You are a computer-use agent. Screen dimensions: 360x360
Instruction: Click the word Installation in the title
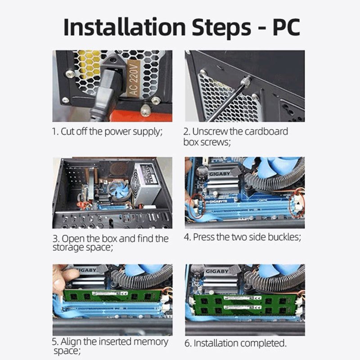click(125, 27)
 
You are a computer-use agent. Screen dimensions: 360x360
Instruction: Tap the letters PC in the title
click(286, 27)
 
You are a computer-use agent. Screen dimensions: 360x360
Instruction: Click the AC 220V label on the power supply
click(134, 79)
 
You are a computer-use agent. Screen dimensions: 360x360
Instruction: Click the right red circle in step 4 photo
click(297, 206)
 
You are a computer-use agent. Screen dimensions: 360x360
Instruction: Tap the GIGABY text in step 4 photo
click(220, 174)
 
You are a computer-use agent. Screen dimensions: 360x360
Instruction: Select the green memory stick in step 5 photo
click(112, 296)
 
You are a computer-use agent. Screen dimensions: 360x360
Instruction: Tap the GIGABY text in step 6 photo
click(216, 271)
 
